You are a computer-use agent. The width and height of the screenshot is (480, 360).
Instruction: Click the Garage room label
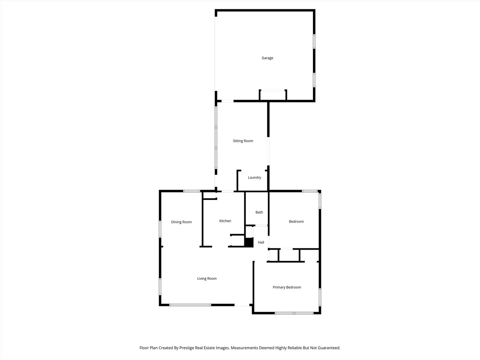[x=267, y=58]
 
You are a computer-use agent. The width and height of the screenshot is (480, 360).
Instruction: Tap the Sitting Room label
[x=243, y=141]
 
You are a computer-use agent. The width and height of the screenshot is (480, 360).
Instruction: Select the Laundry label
[x=254, y=178]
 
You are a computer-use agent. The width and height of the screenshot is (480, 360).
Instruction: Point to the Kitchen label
[x=225, y=221]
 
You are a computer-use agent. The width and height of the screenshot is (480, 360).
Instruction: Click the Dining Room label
[x=181, y=222]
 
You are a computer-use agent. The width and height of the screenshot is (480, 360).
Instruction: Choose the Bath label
[x=259, y=212]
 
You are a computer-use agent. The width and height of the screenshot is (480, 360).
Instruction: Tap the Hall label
[x=261, y=242]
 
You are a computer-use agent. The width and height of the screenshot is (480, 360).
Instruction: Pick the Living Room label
[x=207, y=279]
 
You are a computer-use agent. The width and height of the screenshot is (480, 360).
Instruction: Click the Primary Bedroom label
[x=287, y=287]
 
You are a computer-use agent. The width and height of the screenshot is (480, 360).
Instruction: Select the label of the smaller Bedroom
[x=296, y=222]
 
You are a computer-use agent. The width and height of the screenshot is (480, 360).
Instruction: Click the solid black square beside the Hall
[x=249, y=242]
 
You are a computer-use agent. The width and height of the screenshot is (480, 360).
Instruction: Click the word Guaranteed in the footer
[x=328, y=348]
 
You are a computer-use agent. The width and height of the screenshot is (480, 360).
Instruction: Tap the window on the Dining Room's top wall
[x=192, y=191]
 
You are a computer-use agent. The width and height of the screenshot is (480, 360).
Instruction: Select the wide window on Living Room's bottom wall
[x=190, y=305]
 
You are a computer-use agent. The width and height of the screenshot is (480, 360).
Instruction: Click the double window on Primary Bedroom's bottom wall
[x=294, y=313]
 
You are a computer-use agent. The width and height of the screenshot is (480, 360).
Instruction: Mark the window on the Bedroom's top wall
[x=310, y=191]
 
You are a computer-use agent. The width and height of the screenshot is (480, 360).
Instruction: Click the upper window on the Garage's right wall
[x=314, y=41]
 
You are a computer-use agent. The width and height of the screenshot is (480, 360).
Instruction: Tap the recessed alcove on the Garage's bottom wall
[x=273, y=95]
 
